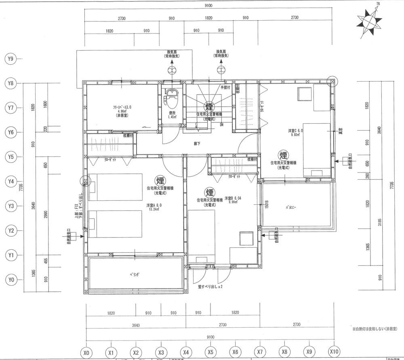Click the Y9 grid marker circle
point(11,59)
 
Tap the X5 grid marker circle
point(210,352)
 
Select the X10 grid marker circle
point(334,352)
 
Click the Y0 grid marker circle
point(11,280)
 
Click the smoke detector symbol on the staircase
point(209,107)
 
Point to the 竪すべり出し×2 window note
point(210,287)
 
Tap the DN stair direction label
point(222,125)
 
